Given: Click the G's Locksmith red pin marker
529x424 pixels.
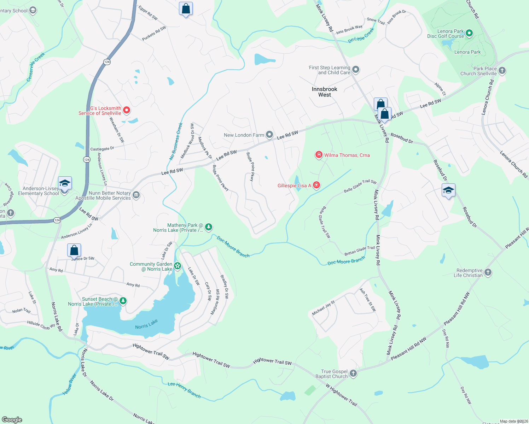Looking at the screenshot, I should click(126, 110).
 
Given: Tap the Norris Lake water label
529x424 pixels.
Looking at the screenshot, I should click(146, 324).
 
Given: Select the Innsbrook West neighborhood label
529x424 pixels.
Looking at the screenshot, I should click(324, 92).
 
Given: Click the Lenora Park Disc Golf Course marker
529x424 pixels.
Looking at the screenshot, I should click(469, 34).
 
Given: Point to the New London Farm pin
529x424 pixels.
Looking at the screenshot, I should click(269, 135).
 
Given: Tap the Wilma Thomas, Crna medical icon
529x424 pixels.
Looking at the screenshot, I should click(319, 155).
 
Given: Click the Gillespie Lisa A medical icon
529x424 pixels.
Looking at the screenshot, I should click(316, 185).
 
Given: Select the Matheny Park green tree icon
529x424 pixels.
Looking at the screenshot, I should click(209, 227).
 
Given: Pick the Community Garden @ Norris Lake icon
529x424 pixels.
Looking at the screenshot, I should click(178, 266).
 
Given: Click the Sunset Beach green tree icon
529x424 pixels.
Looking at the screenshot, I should click(123, 301).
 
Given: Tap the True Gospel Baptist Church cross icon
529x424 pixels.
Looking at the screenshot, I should click(353, 373).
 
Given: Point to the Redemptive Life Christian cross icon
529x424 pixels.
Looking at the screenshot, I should click(488, 272).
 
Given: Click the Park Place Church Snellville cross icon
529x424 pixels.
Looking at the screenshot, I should click(502, 71).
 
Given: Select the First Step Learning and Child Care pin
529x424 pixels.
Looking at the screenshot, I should click(356, 70).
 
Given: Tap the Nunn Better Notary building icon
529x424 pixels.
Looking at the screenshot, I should click(136, 195).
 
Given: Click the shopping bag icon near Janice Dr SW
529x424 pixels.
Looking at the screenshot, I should click(74, 250).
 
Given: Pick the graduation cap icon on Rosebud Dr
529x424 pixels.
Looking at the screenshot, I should click(448, 190).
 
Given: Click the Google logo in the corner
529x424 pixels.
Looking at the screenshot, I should click(12, 419).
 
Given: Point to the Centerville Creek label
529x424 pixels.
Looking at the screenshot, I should click(36, 67).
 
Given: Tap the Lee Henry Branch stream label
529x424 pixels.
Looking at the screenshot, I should click(184, 390).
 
